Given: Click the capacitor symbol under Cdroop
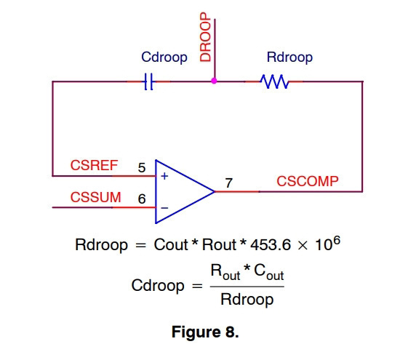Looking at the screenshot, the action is coord(148,81).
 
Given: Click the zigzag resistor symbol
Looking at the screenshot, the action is coord(274,81).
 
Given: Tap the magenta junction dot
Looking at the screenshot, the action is coord(214,81).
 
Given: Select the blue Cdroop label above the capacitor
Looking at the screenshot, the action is coord(164,57).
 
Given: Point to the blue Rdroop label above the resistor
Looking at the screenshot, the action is coord(289,57).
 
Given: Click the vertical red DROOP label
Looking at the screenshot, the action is coord(205,37).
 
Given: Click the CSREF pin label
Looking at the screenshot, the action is coord(94,165).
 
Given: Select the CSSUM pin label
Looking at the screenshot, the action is coord(96,197).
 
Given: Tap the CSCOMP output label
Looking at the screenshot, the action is coord(308,181).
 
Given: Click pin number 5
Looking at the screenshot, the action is coord(142,168).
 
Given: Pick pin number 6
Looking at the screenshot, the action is coord(142,199).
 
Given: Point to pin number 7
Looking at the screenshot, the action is coord(229,183).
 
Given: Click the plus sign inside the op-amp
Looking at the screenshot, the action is coord(164,176).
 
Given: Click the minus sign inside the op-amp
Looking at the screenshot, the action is coord(164,208).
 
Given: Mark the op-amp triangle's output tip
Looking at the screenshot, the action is coord(215,191).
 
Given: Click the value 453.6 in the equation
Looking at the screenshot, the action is coord(271,245).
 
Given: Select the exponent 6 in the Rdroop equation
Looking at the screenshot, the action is coord(337,241).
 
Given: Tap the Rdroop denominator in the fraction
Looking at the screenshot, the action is coord(247,300).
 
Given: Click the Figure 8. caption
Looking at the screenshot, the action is coord(205,332).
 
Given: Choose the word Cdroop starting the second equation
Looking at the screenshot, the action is coord(158,286).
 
